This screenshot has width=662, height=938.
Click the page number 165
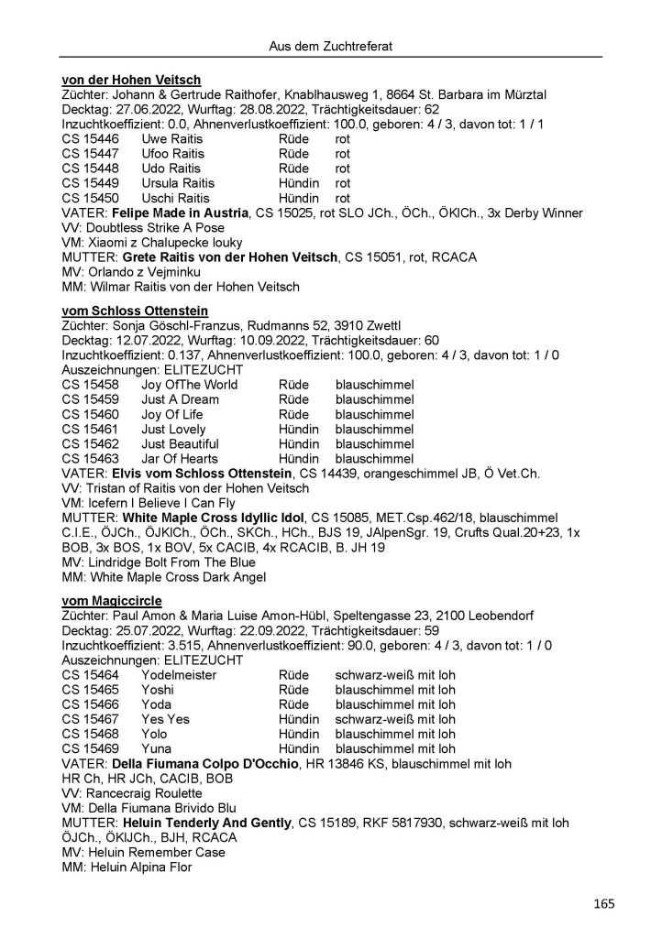603,905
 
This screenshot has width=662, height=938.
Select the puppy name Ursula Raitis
178,183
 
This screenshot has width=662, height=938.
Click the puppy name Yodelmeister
179,674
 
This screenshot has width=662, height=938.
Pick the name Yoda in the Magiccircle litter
157,703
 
